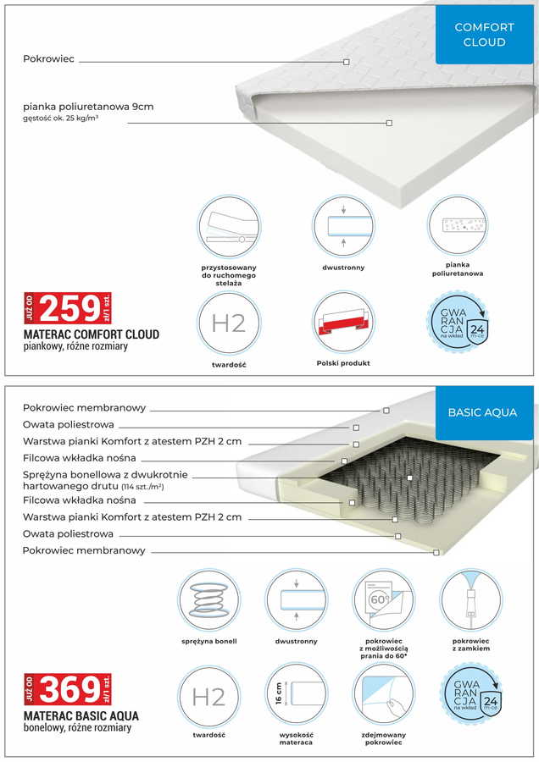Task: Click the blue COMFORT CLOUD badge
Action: coord(485,35)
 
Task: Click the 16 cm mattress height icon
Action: coord(296,695)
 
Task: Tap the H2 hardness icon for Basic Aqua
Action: coord(208,695)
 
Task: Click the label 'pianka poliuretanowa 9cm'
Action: coord(88,108)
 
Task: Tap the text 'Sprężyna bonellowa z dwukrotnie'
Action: coord(106,474)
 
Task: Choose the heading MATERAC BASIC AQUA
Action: coord(81,715)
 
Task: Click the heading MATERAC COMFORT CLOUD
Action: coord(92,334)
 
